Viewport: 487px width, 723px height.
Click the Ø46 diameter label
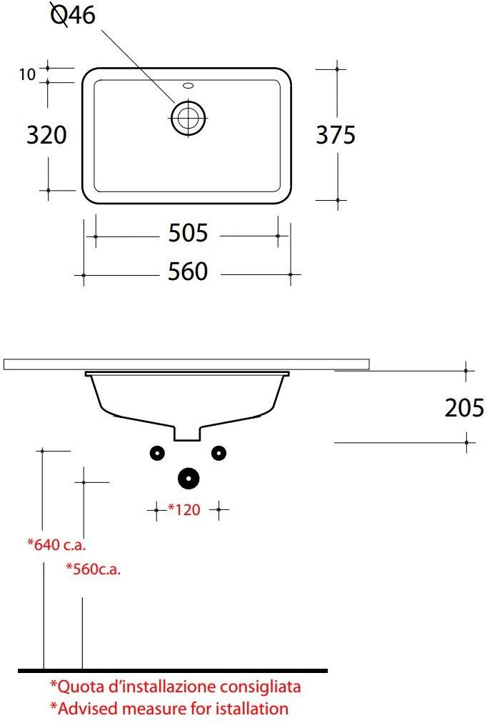pos(73,15)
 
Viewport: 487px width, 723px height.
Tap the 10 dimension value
pos(27,74)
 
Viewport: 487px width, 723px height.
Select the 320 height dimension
pos(46,134)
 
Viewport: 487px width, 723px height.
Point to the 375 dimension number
pos(336,134)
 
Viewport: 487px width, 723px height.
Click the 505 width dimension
pos(187,233)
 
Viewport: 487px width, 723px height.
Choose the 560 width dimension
pos(187,271)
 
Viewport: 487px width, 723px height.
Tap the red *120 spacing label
pos(184,509)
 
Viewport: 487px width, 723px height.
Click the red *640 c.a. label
pos(56,545)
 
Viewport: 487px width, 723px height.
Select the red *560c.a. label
pos(93,569)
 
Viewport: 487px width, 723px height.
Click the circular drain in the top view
pos(188,117)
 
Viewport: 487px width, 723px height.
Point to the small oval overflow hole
pos(188,85)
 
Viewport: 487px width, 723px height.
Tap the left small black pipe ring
pos(156,452)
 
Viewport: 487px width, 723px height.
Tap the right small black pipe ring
pos(219,452)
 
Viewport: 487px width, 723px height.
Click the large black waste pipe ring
pos(188,478)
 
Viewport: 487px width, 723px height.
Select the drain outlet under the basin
pos(187,433)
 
